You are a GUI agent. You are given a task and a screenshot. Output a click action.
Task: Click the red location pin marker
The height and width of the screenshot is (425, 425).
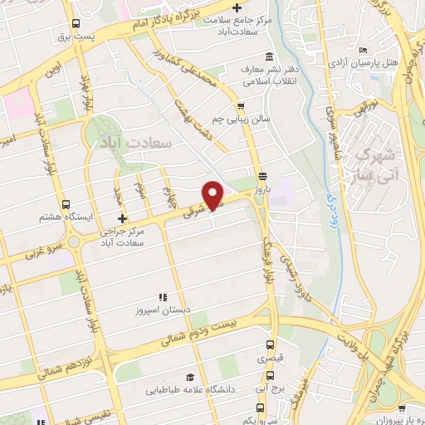(x=213, y=194)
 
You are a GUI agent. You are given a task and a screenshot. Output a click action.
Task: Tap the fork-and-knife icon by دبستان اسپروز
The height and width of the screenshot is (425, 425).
(x=164, y=296)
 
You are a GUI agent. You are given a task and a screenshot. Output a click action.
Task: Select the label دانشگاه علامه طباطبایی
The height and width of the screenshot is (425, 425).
(x=190, y=388)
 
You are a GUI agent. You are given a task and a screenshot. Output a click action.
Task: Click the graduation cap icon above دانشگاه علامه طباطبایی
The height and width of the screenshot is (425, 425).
(x=190, y=376)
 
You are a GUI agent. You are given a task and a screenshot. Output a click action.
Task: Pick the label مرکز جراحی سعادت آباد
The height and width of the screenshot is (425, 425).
(x=121, y=237)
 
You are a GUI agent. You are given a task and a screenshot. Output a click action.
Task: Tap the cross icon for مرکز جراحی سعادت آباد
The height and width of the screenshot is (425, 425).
(x=122, y=218)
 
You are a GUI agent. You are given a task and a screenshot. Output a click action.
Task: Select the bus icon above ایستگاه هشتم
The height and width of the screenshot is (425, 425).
(x=66, y=204)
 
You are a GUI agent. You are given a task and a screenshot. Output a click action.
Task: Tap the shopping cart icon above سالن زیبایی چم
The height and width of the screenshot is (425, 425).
(x=241, y=105)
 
